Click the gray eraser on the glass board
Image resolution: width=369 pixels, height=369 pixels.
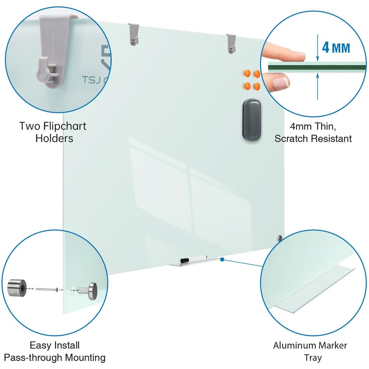click(252, 119)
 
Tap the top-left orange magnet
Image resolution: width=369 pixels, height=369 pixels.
click(247, 73)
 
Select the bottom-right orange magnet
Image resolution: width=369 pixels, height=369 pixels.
click(257, 86)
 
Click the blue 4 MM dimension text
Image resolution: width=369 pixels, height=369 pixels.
click(336, 48)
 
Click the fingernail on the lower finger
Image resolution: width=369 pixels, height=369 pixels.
click(280, 83)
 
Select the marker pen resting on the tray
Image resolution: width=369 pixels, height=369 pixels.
click(193, 259)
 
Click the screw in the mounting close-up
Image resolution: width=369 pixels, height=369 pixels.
click(46, 289)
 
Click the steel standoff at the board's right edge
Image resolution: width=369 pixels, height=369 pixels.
click(279, 238)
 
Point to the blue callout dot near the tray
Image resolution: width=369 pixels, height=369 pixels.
click(222, 260)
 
